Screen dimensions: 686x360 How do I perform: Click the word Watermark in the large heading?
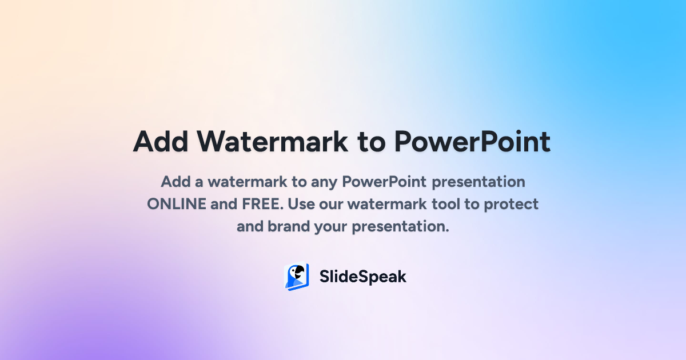pyautogui.click(x=272, y=142)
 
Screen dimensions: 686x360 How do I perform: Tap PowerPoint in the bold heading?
pyautogui.click(x=472, y=142)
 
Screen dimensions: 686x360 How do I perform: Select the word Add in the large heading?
pyautogui.click(x=161, y=142)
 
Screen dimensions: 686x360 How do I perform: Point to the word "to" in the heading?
pyautogui.click(x=371, y=142)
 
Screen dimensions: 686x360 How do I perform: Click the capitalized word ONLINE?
pyautogui.click(x=177, y=204)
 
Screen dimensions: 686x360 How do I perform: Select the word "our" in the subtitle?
pyautogui.click(x=331, y=205)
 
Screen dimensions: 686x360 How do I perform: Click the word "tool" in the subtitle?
pyautogui.click(x=445, y=204)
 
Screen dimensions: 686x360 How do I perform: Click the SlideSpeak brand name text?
pyautogui.click(x=362, y=277)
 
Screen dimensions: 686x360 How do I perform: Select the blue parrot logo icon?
pyautogui.click(x=297, y=277)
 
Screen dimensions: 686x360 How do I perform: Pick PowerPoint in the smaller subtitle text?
pyautogui.click(x=384, y=182)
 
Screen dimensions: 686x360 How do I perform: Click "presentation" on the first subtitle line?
pyautogui.click(x=478, y=182)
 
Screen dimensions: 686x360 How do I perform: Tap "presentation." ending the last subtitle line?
pyautogui.click(x=400, y=227)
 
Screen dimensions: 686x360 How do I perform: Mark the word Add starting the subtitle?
pyautogui.click(x=176, y=182)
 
